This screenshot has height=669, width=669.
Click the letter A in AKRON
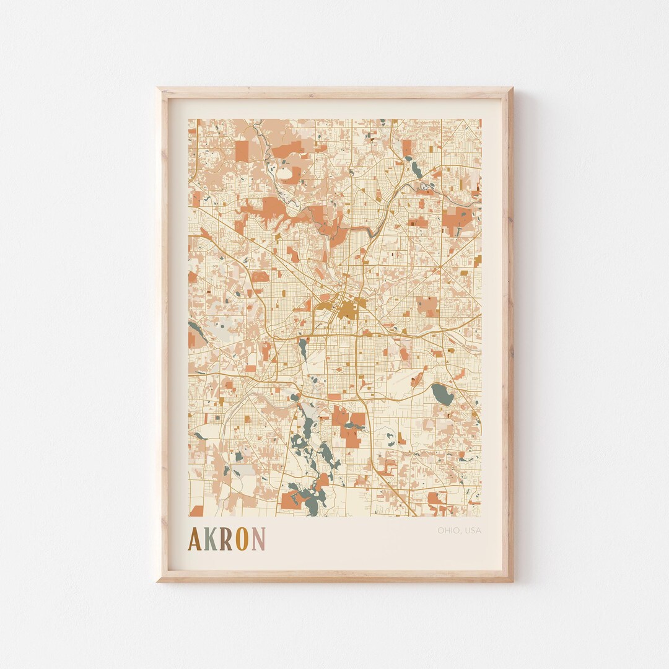pos(196,539)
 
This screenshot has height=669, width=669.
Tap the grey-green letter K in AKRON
pos(211,539)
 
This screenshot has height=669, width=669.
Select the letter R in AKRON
pos(226,539)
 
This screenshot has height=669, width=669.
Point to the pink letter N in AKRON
pos(258,539)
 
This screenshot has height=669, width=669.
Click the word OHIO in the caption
pos(448,530)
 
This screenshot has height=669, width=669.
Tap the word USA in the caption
pos(472,530)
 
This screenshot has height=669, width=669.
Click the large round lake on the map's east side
pos(442,394)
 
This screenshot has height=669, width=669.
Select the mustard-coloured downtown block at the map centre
pos(346,310)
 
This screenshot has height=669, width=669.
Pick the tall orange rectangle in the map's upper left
pos(242,151)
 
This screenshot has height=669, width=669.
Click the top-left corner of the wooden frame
pos(159,89)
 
